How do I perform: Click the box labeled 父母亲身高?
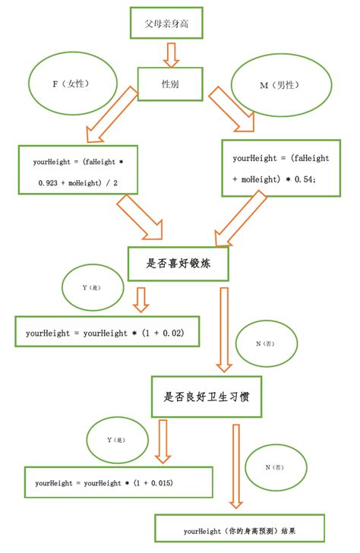[166, 24]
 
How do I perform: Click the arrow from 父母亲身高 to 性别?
[171, 52]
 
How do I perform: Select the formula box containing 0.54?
[280, 168]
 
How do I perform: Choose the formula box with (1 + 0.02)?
[106, 333]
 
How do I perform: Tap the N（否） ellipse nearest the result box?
[277, 466]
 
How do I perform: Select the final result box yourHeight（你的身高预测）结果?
[239, 529]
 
